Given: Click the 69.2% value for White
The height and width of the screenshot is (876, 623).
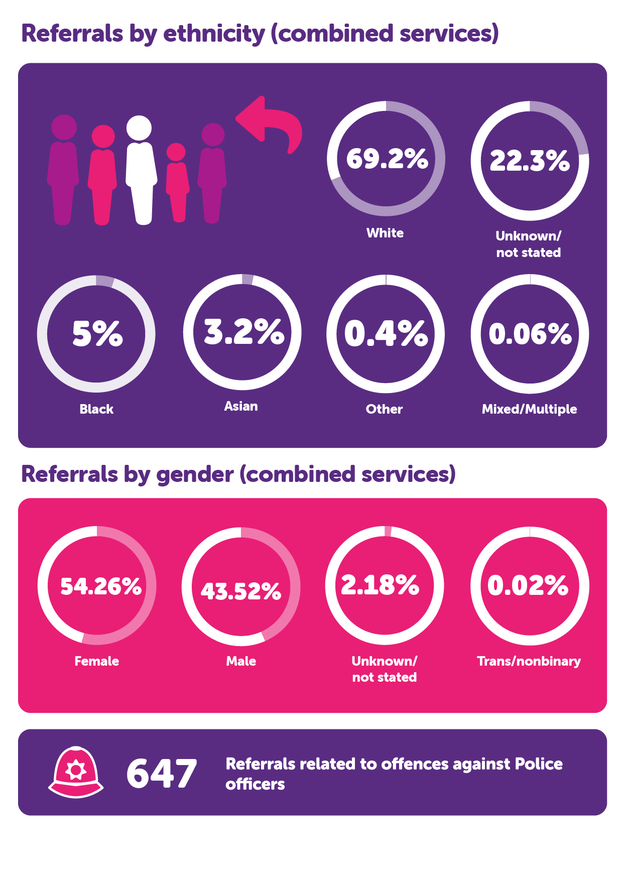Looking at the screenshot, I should point(387,159).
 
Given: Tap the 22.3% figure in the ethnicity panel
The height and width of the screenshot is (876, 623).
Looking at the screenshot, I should point(530,161).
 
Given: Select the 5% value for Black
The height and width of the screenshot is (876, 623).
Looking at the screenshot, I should point(97,334).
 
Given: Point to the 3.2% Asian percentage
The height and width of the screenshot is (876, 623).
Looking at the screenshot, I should point(244,332).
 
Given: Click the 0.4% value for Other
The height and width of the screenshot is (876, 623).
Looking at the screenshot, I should point(386,334).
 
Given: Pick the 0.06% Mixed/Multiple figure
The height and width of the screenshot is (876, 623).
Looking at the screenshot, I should point(530,334).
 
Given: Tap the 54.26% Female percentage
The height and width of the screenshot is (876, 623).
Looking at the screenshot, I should point(101,586).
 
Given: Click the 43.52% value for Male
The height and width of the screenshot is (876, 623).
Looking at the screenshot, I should point(241,591).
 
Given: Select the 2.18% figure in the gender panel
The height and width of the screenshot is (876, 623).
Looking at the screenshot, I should point(380,585).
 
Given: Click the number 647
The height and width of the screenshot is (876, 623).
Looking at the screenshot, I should point(162,774).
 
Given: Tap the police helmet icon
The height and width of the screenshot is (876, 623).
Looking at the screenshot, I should point(76,772).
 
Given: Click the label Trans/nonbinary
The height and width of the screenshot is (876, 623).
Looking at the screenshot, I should point(529,661).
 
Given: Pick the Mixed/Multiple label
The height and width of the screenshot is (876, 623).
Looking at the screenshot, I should point(529,409).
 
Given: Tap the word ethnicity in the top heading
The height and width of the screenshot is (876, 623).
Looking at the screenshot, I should point(214,34).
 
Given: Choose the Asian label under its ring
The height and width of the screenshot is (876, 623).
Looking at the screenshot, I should point(241,406).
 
